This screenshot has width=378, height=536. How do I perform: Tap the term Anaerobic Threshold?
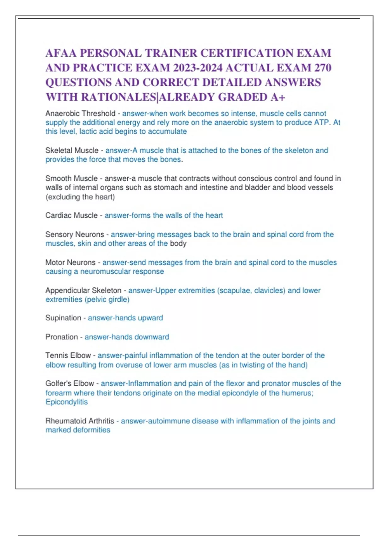pyautogui.click(x=80, y=114)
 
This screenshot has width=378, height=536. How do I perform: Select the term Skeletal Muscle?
pyautogui.click(x=72, y=151)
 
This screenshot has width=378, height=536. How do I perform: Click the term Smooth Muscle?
pyautogui.click(x=72, y=178)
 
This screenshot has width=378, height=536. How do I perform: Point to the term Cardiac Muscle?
pyautogui.click(x=72, y=215)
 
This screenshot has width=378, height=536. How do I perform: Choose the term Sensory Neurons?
pyautogui.click(x=75, y=235)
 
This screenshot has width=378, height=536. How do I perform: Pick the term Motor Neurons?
pyautogui.click(x=70, y=262)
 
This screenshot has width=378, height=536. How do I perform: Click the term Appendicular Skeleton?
pyautogui.click(x=83, y=290)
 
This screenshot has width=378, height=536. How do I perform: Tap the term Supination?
pyautogui.click(x=63, y=318)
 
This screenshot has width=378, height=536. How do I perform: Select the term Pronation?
pyautogui.click(x=61, y=337)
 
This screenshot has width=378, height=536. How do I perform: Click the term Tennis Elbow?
pyautogui.click(x=68, y=355)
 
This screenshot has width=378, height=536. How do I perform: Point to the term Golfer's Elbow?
pyautogui.click(x=70, y=383)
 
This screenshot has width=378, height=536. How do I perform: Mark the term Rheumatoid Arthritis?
pyautogui.click(x=80, y=421)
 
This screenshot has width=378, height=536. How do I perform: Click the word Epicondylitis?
pyautogui.click(x=66, y=402)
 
